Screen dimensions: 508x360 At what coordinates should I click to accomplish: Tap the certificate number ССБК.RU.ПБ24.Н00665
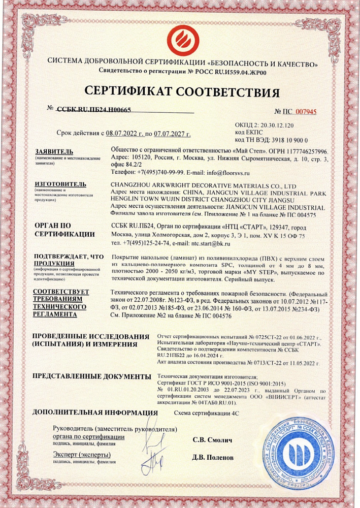click(93, 109)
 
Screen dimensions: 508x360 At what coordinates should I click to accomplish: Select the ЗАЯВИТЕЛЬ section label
click(54, 151)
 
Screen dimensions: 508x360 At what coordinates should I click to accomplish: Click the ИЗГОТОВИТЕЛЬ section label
click(59, 184)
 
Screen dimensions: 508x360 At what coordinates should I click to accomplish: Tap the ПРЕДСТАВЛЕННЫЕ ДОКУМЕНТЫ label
click(88, 376)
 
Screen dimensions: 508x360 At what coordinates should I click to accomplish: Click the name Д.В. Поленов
click(213, 457)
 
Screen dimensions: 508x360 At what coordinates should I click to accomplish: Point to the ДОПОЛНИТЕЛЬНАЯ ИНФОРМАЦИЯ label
click(94, 412)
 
